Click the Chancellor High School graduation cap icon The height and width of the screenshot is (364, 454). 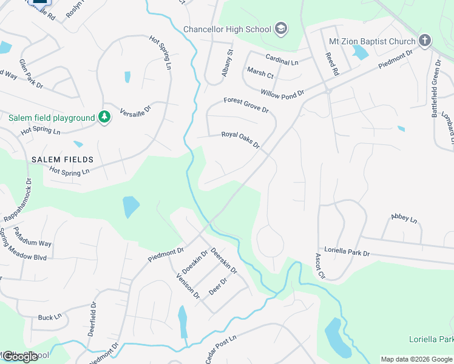tap(281, 28)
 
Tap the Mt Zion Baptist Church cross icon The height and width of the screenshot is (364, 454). tap(424, 41)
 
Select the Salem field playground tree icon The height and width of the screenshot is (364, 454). tap(104, 117)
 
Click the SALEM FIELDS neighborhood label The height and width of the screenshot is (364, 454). tap(63, 159)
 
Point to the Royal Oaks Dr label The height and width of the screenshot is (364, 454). tap(240, 140)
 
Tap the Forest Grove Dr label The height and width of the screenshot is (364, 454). tap(246, 104)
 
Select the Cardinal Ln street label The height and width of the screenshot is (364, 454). tap(282, 59)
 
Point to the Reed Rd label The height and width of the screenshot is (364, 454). tap(332, 64)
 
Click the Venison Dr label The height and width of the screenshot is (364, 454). tap(188, 285)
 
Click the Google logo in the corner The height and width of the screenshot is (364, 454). tap(20, 357)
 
